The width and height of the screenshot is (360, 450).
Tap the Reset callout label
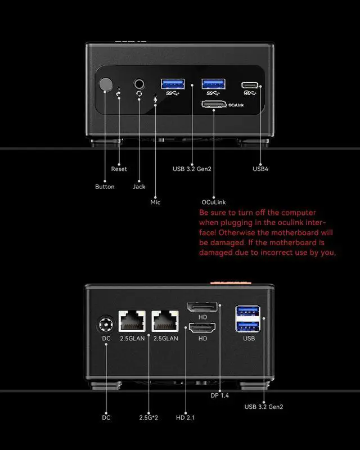click(119, 169)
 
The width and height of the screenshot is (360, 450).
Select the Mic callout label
click(155, 202)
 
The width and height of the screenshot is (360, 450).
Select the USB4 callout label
click(260, 169)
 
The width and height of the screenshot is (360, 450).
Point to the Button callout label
click(105, 187)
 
